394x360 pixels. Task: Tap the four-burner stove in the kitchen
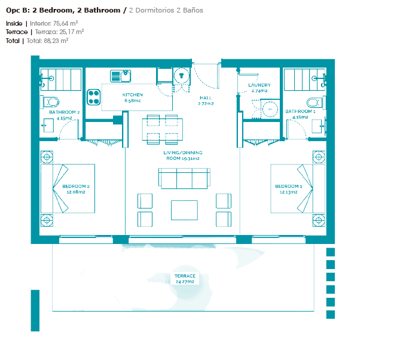(94, 97)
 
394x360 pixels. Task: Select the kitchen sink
(121, 76)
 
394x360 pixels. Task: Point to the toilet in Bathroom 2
(51, 102)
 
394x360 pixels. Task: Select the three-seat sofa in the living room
(184, 178)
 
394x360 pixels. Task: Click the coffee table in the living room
(184, 210)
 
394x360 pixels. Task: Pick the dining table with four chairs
(163, 129)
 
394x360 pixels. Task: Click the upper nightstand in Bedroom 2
(47, 157)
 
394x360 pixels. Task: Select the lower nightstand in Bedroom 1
(319, 220)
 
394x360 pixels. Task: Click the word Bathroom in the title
(102, 10)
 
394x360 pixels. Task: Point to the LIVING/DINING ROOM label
(183, 155)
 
